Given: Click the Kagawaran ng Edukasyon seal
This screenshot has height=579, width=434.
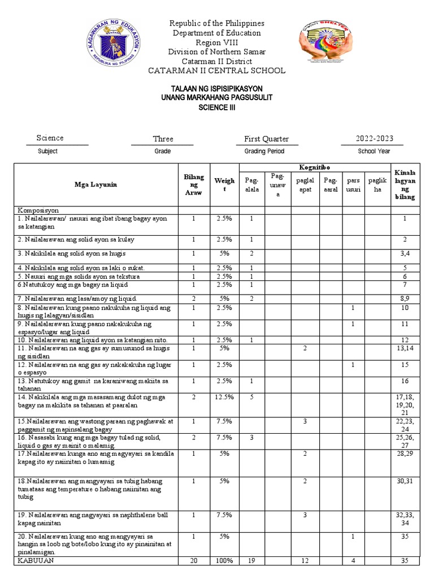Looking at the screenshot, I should click(116, 46).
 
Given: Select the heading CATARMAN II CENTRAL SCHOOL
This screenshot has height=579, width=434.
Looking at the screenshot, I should click(216, 71).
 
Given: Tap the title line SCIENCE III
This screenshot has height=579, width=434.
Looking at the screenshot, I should click(217, 108).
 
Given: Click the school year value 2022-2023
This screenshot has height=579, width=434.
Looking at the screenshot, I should click(374, 139).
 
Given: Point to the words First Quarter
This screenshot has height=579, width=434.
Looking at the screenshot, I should click(266, 139).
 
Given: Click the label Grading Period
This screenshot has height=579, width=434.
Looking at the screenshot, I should click(264, 152).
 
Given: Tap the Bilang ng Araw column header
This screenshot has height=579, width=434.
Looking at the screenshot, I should click(193, 185).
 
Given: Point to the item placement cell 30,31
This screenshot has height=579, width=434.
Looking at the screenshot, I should click(405, 481).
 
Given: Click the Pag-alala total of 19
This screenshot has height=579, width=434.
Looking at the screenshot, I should click(252, 561).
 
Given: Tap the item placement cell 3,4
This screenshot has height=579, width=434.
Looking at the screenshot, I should click(405, 253).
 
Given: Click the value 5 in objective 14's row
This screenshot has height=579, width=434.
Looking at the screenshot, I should click(252, 397).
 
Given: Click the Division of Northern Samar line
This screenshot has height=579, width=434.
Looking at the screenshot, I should click(217, 52).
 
